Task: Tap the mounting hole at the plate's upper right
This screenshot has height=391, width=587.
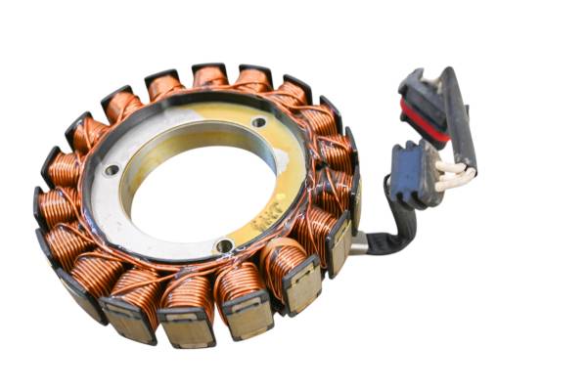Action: [x=258, y=123]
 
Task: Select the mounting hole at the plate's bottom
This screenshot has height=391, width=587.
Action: [x=225, y=245]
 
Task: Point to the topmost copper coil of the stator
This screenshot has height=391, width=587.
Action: [x=209, y=76]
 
